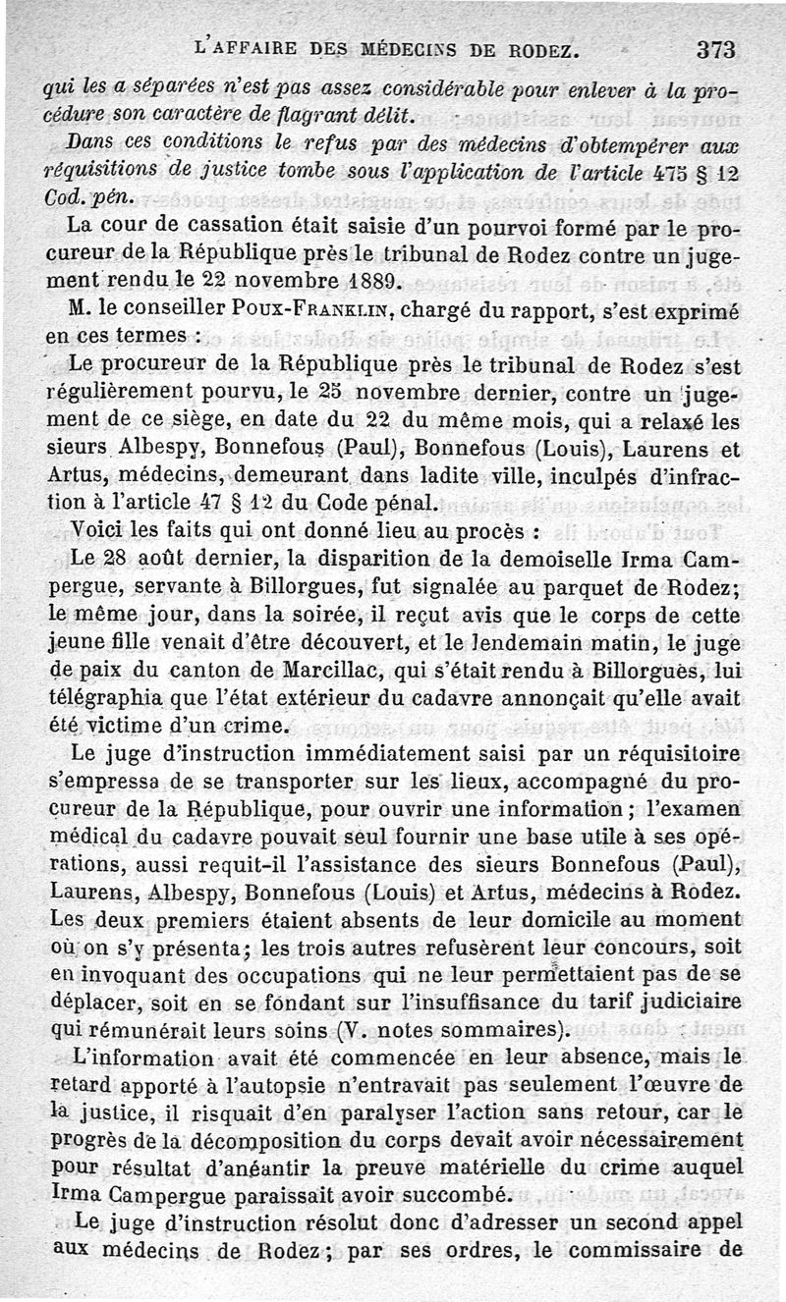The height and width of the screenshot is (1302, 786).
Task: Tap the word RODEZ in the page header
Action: tap(539, 48)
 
